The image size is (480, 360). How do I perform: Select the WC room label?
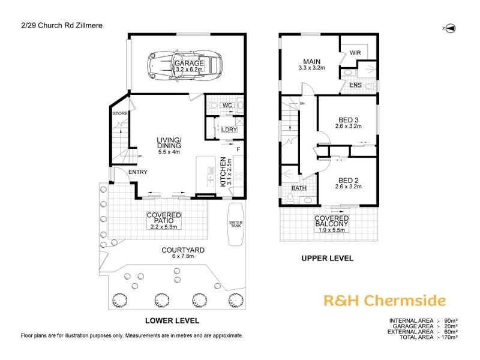coord(227,106)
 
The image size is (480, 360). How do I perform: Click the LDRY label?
coord(228,129)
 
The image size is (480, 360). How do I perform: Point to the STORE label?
coord(119,113)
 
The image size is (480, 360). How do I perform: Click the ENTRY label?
coord(137,172)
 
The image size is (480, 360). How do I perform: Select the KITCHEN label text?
coord(222,172)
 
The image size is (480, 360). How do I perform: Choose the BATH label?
coord(298,188)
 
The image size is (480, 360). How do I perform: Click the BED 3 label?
coord(349,123)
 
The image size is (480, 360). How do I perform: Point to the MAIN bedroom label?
coord(312,61)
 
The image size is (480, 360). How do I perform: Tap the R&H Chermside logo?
coord(384,300)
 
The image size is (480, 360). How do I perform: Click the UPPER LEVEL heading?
coord(327,259)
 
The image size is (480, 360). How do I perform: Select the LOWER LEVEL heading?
coord(172,320)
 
